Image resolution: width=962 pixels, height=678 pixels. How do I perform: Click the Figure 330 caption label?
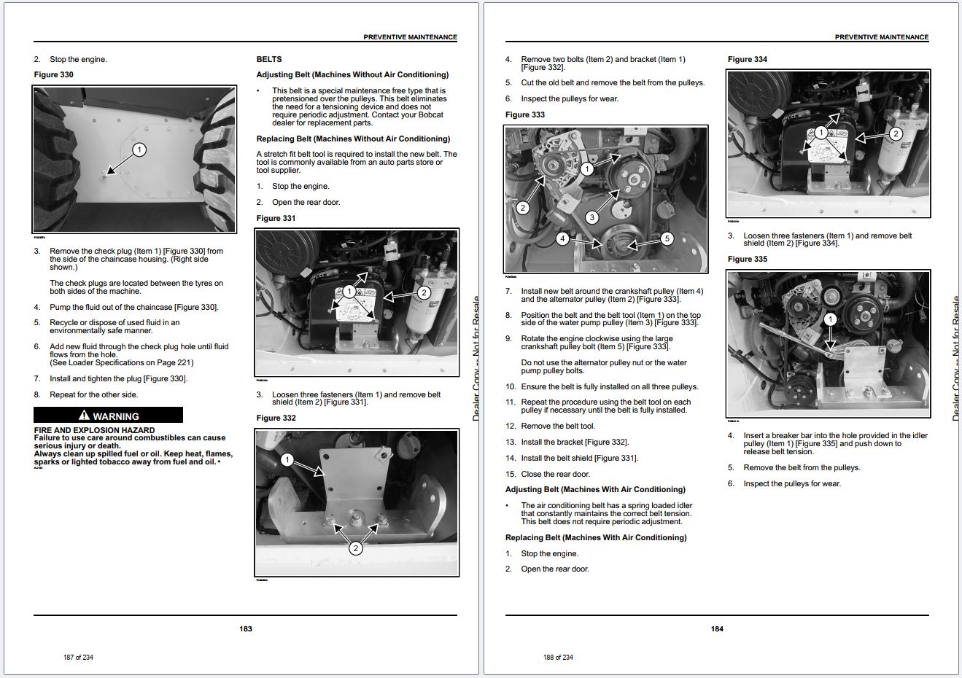pos(54,74)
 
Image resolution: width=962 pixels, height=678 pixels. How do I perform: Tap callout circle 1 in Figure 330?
pos(139,150)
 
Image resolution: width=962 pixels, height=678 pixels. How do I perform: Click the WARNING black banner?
pos(108,416)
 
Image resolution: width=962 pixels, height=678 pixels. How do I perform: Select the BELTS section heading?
pos(269,59)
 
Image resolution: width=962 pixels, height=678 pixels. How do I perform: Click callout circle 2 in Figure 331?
pos(424,292)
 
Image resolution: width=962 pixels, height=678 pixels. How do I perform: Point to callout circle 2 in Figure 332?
pos(355,548)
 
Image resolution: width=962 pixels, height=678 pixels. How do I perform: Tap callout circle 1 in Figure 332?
pos(287,459)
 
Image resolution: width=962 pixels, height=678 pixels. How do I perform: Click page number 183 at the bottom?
pos(246,628)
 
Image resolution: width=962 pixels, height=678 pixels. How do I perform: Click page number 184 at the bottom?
pos(717,628)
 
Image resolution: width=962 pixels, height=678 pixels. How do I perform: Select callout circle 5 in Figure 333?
pos(667,238)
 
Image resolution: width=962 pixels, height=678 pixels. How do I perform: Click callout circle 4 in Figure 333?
pos(562,238)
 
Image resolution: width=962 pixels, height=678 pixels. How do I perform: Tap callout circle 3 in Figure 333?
pos(591,217)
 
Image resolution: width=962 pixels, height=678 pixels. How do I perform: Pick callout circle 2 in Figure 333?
pos(522,208)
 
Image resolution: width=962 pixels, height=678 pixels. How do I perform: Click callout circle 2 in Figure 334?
pos(896,133)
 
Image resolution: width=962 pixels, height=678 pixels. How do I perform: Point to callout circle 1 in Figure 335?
pos(830,319)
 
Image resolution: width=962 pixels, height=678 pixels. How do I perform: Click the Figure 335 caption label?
pos(748,259)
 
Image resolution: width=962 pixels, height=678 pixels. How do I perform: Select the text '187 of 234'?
pos(78,657)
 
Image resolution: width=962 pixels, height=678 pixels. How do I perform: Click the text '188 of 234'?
pos(558,657)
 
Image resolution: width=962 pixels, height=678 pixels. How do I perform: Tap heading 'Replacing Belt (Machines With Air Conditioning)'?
pos(596,537)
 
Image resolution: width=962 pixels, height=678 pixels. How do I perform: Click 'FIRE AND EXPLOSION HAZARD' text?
pos(94,430)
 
